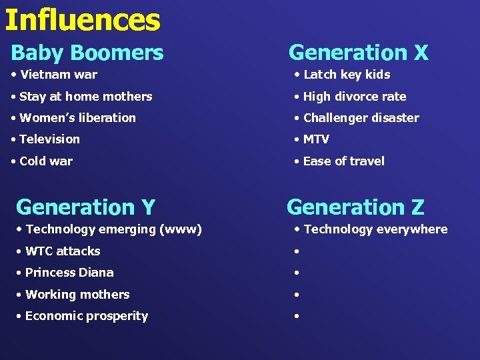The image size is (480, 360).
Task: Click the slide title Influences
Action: (x=82, y=20)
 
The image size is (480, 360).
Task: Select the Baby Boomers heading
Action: (x=87, y=52)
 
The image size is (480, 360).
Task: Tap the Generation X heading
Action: (x=358, y=52)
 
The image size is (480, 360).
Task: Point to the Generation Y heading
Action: (x=85, y=207)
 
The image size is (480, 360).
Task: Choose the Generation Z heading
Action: (x=355, y=207)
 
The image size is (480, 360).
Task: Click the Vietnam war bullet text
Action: (x=59, y=75)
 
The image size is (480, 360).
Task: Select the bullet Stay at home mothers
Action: (x=86, y=97)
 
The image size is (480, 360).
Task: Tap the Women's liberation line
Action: (x=77, y=118)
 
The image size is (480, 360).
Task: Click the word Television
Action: (x=49, y=139)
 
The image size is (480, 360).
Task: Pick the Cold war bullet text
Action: (x=46, y=161)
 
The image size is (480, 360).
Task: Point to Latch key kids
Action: (x=346, y=75)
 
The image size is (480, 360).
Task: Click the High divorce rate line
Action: (x=354, y=97)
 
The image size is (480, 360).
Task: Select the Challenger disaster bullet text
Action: (x=361, y=118)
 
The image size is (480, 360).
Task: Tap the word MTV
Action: (x=316, y=139)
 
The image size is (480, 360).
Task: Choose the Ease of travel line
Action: (x=343, y=161)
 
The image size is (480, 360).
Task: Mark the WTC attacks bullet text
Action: (x=63, y=251)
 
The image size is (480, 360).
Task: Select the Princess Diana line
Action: (x=69, y=273)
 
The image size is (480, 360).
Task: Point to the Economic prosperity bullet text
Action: (x=87, y=316)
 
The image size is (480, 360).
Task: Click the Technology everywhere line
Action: (x=375, y=229)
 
